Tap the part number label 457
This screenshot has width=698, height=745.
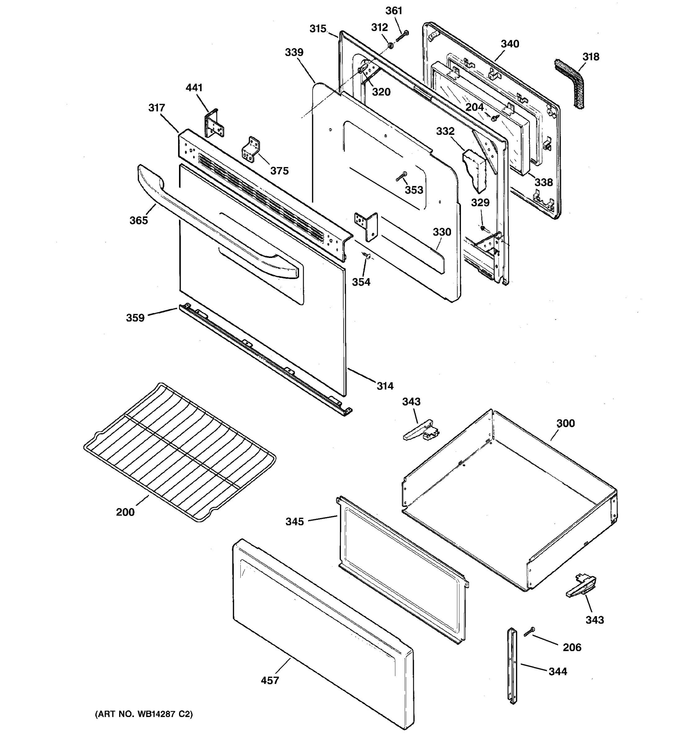point(270,680)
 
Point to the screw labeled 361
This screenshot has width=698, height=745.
point(402,36)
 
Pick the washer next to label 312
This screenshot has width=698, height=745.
point(390,46)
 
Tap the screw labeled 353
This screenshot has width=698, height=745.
point(402,176)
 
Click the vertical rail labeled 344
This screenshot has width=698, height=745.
point(512,666)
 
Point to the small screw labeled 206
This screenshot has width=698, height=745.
point(530,632)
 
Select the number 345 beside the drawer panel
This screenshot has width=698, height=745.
point(294,521)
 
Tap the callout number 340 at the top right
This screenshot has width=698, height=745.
point(510,44)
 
